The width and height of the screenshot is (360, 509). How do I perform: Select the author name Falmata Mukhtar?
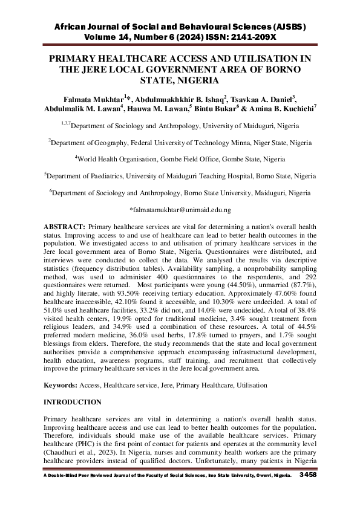[90, 99]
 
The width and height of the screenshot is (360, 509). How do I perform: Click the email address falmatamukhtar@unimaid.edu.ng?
[180, 210]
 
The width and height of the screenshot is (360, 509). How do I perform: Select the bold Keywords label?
[66, 385]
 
